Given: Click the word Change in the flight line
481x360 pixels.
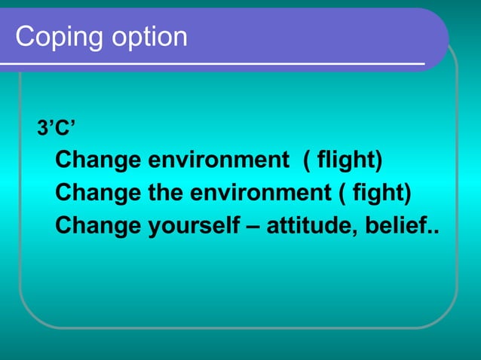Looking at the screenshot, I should click(x=97, y=160).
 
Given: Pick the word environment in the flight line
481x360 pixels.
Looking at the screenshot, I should click(x=218, y=160).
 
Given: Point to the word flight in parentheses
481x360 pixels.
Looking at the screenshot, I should click(x=347, y=160).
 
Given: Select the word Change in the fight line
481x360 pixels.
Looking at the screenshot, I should click(x=97, y=193).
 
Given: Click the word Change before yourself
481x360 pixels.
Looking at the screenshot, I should click(x=97, y=225).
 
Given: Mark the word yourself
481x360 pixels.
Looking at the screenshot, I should click(x=194, y=225).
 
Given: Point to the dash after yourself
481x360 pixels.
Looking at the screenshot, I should click(x=254, y=226).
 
